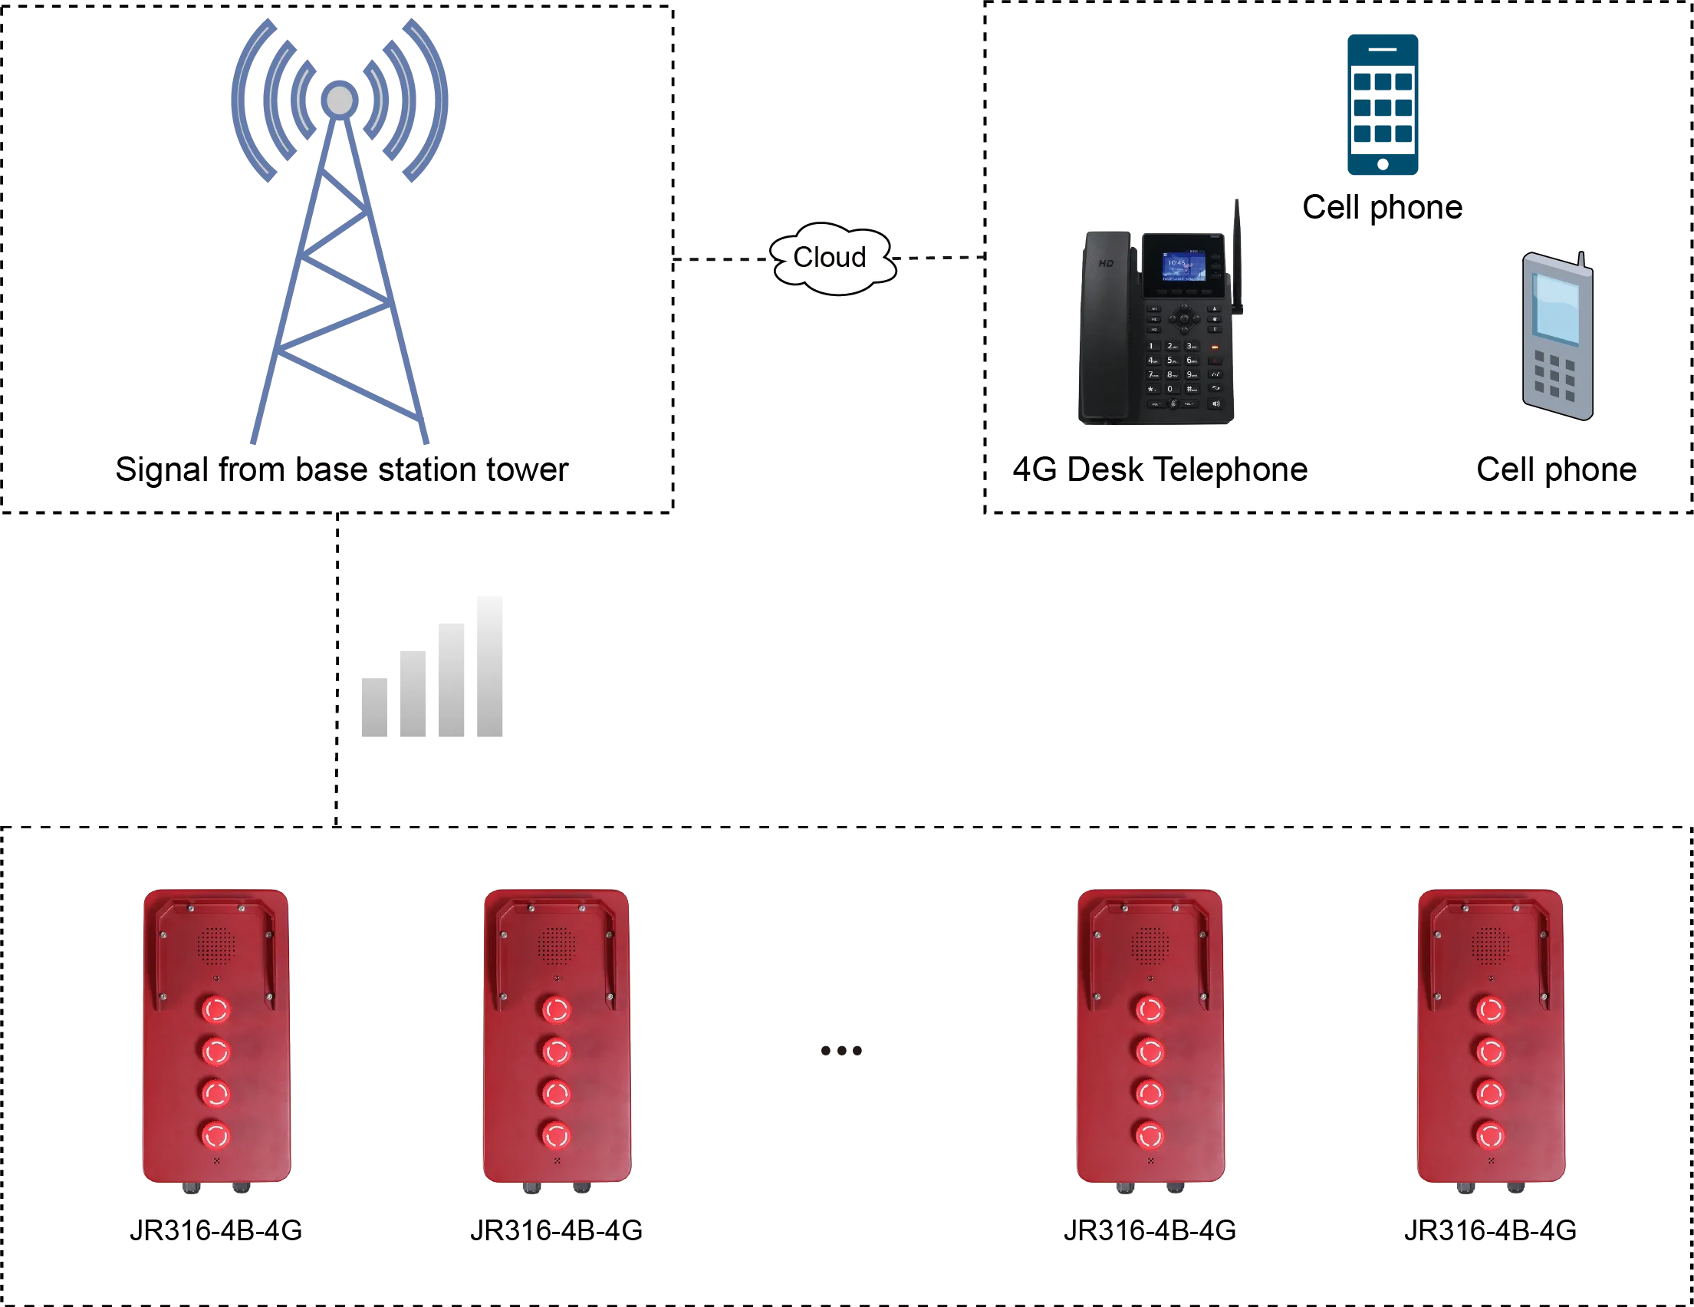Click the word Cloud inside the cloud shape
(829, 257)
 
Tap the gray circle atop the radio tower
(339, 100)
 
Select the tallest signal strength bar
(487, 669)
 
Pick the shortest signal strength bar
(374, 708)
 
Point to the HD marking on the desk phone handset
(1106, 264)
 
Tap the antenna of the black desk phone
(1238, 256)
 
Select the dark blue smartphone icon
(1382, 104)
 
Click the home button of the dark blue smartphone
(1382, 163)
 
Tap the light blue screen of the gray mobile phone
(1557, 308)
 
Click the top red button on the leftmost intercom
(215, 1010)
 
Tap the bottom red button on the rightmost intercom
(1489, 1136)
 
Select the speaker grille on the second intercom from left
(556, 946)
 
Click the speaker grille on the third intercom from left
(1150, 946)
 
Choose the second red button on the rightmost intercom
(1489, 1052)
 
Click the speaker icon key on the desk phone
(1215, 403)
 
